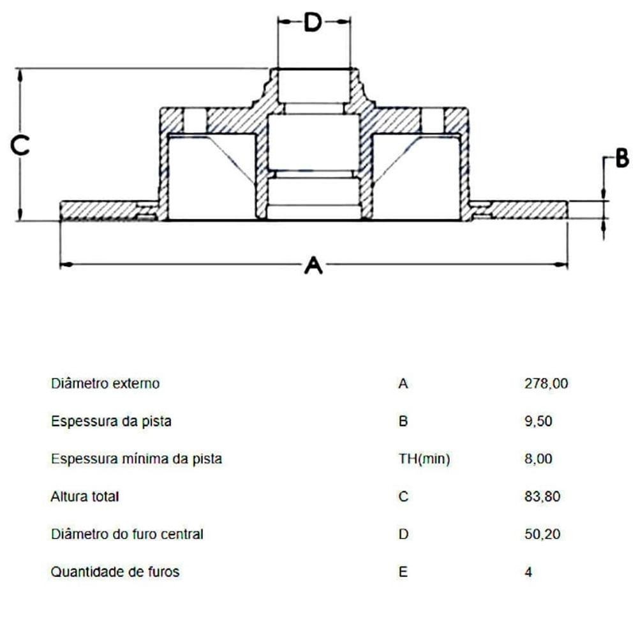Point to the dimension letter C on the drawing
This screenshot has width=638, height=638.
pyautogui.click(x=21, y=146)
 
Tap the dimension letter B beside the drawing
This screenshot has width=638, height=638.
pyautogui.click(x=621, y=159)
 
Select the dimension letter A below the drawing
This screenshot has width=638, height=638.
pyautogui.click(x=313, y=265)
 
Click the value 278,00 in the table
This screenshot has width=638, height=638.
pyautogui.click(x=545, y=384)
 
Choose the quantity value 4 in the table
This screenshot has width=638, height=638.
pyautogui.click(x=528, y=572)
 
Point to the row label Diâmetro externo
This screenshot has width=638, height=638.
pyautogui.click(x=105, y=384)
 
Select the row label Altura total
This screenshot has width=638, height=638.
pyautogui.click(x=85, y=496)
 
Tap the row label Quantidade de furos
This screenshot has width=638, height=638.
pyautogui.click(x=115, y=572)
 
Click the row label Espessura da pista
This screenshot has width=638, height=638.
pyautogui.click(x=111, y=422)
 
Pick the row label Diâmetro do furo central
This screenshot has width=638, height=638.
pyautogui.click(x=127, y=534)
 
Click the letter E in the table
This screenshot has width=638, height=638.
pyautogui.click(x=402, y=572)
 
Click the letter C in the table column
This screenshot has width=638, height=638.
pyautogui.click(x=403, y=496)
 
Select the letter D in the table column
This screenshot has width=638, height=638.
pyautogui.click(x=403, y=534)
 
